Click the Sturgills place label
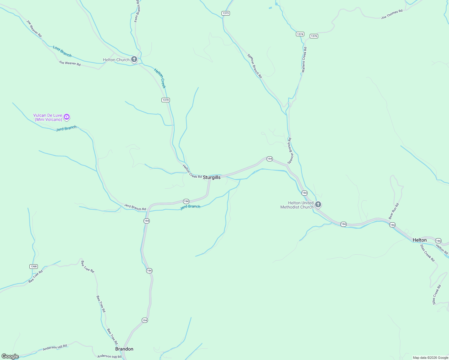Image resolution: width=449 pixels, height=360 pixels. tap(212, 177)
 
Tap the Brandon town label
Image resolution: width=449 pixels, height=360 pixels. tap(124, 349)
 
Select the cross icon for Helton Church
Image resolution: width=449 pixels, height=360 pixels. tap(134, 59)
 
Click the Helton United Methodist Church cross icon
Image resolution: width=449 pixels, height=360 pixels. tap(318, 205)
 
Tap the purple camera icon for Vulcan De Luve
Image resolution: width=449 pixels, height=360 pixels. tap(67, 117)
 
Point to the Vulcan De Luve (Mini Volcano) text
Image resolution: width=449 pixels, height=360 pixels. tap(48, 117)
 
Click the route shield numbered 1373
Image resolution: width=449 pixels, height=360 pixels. tap(226, 13)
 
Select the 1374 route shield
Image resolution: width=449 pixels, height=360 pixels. tap(300, 34)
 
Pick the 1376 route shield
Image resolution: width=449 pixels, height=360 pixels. tap(314, 36)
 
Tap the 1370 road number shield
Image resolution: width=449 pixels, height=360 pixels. tap(166, 100)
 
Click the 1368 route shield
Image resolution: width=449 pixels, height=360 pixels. tap(34, 266)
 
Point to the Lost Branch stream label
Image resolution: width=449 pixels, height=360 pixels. tap(62, 51)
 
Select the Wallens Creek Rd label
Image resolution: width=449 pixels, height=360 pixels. tap(304, 60)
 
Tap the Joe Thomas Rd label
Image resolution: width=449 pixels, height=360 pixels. tap(392, 14)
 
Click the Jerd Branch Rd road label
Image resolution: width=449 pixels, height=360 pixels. tap(135, 207)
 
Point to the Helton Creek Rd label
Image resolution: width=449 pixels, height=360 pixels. tap(192, 172)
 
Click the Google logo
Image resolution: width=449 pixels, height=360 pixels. tap(10, 356)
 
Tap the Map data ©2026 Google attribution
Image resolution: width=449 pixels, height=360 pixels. tap(430, 358)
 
